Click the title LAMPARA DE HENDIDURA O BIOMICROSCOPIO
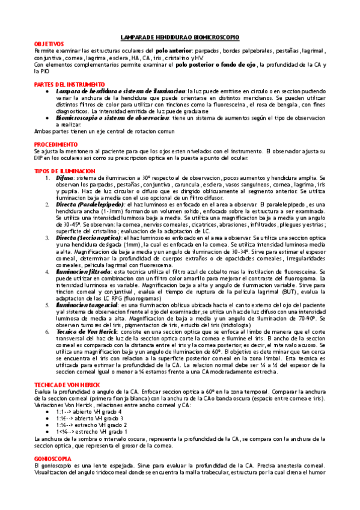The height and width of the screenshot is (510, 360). [180, 36]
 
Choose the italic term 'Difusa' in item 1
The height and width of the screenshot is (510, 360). [65, 178]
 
